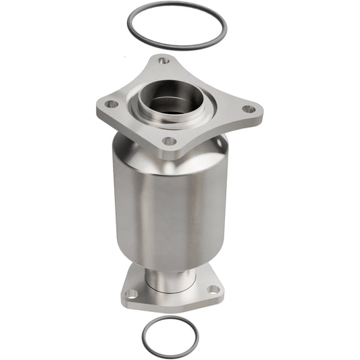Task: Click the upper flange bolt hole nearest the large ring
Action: [x=163, y=61]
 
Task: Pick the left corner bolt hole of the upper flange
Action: [x=109, y=105]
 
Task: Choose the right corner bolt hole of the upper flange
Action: [x=249, y=109]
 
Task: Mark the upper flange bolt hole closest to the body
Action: [x=169, y=141]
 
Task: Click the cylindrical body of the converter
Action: [x=169, y=203]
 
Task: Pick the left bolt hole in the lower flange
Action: [x=132, y=294]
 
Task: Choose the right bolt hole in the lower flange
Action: [x=213, y=289]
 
